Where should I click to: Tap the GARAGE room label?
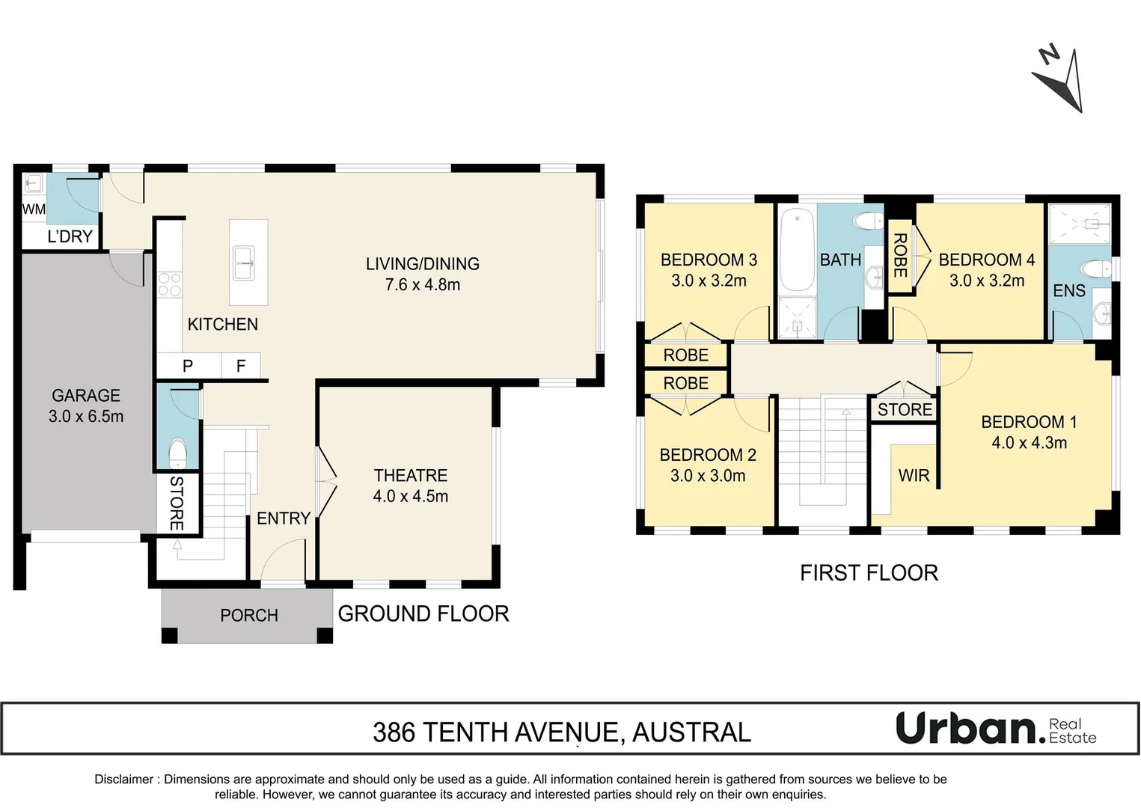(x=86, y=395)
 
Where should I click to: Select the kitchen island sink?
(x=244, y=263)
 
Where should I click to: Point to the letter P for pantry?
(x=188, y=366)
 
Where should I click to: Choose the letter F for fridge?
(x=241, y=365)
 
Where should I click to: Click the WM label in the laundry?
(x=34, y=209)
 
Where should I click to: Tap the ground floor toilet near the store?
(x=178, y=453)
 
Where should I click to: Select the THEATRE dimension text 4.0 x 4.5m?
(x=411, y=496)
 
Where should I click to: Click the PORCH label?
(x=249, y=616)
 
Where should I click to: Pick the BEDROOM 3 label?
(x=709, y=260)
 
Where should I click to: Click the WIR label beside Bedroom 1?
(x=914, y=475)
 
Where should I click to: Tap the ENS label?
(x=1069, y=290)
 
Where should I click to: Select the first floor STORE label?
(x=905, y=409)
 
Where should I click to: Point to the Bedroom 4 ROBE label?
(x=900, y=256)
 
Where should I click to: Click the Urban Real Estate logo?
(x=996, y=729)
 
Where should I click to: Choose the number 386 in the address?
(x=394, y=732)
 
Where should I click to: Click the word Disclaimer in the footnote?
(x=123, y=780)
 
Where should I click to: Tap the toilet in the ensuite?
(x=1097, y=269)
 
